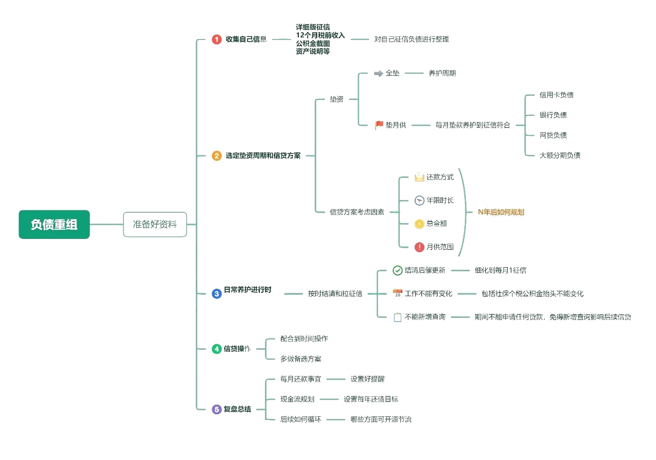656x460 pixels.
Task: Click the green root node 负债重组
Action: [54, 225]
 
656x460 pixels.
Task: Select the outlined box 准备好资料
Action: [155, 225]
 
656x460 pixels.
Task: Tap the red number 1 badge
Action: [217, 39]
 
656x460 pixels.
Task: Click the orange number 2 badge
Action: [217, 155]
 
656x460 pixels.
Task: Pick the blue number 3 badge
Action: [217, 293]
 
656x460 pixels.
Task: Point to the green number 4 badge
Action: [217, 349]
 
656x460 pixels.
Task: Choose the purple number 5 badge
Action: [217, 409]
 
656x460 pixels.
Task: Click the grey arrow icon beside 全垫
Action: [379, 73]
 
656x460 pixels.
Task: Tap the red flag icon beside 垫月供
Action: [379, 125]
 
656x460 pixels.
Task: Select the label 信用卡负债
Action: [557, 95]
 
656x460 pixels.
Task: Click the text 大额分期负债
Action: [560, 155]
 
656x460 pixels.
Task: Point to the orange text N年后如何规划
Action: [501, 212]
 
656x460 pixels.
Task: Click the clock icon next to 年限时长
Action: [419, 201]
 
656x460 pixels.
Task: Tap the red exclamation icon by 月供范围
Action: [419, 247]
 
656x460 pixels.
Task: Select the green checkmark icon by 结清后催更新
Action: [397, 270]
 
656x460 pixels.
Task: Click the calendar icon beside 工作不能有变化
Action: [397, 294]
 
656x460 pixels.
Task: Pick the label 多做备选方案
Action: [301, 359]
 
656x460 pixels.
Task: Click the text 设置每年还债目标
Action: [371, 399]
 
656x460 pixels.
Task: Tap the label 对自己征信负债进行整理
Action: [412, 39]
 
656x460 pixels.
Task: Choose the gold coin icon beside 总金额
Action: [419, 224]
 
